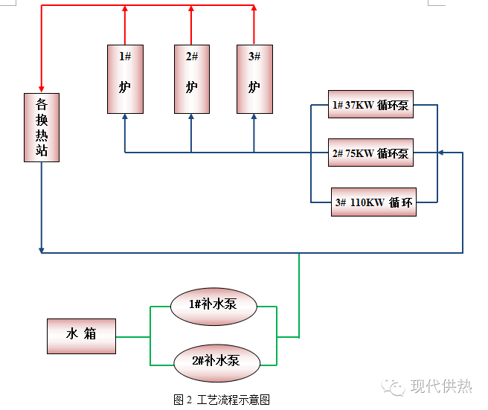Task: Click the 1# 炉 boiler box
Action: click(x=125, y=78)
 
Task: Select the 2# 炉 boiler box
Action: click(x=192, y=78)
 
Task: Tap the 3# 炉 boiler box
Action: click(x=254, y=78)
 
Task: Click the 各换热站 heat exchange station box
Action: click(x=41, y=127)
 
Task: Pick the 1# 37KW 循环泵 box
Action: click(x=370, y=105)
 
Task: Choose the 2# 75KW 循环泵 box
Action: click(x=370, y=153)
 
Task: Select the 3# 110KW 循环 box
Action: click(x=373, y=202)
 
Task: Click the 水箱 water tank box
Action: click(x=82, y=336)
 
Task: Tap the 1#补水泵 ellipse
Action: click(x=214, y=304)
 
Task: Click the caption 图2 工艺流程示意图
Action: click(x=221, y=400)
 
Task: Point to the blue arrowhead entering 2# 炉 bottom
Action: click(x=191, y=118)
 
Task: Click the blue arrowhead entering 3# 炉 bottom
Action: click(x=254, y=118)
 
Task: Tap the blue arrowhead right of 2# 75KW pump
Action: click(x=441, y=153)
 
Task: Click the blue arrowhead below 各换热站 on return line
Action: click(x=41, y=247)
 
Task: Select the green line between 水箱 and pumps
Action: click(x=134, y=336)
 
